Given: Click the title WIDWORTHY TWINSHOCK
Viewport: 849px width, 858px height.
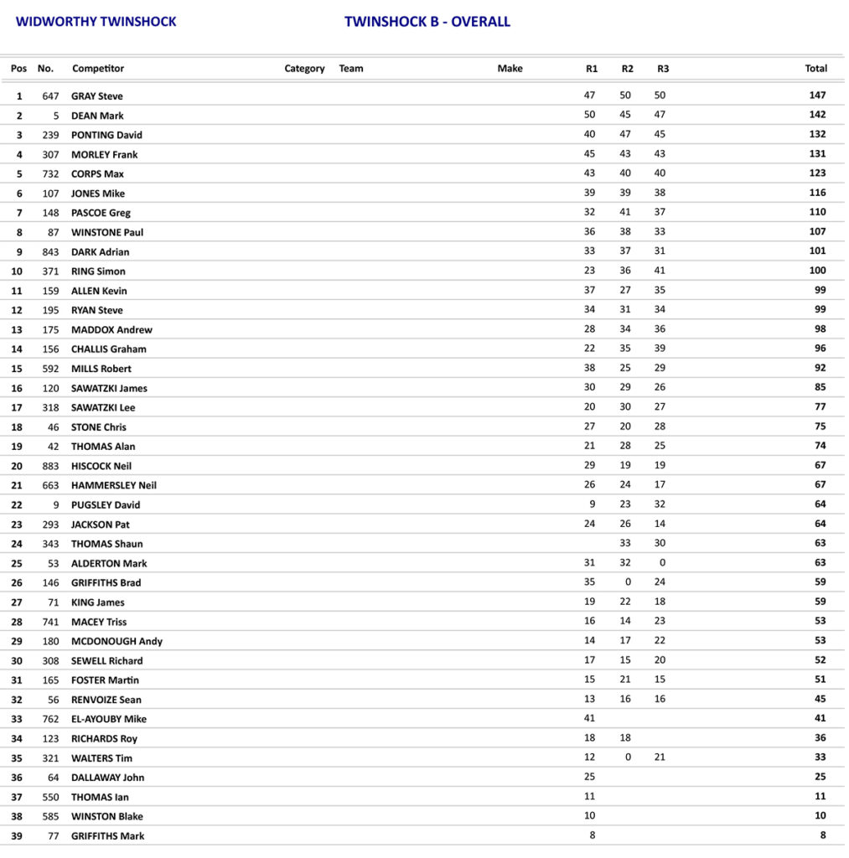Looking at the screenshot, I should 96,22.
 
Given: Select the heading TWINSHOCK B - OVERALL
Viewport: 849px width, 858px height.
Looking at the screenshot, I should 427,22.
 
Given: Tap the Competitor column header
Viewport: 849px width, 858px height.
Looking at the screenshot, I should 98,69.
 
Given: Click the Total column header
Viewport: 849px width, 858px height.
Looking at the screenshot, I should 815,69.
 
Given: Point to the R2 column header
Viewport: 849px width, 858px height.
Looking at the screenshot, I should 627,69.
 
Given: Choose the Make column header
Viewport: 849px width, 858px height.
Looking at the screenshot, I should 510,69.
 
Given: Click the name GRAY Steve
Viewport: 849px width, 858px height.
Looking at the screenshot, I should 97,96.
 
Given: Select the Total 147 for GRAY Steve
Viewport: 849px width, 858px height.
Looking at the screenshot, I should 817,96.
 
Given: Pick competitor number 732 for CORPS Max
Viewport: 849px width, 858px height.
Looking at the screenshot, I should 50,174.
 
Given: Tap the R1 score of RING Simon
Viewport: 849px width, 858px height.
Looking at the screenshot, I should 590,271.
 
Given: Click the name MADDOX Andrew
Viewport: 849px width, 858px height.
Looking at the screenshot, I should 111,330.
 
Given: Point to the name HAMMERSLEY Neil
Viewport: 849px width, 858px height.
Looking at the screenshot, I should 114,486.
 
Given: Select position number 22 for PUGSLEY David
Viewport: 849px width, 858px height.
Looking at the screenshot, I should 19,505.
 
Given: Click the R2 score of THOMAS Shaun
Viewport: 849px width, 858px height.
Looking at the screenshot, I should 625,543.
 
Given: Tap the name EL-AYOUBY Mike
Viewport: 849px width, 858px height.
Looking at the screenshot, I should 109,720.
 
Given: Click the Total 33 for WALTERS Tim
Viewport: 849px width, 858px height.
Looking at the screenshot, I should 820,757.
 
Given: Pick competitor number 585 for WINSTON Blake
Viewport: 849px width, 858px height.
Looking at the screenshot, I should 50,817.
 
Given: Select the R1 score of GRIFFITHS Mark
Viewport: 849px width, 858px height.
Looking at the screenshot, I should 592,835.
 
